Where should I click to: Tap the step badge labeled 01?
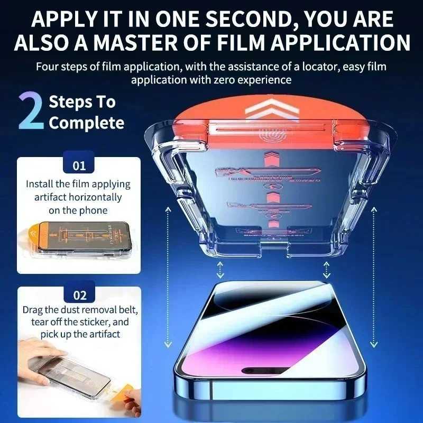(79, 165)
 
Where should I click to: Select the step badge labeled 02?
(79, 295)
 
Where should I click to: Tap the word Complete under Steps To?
(87, 123)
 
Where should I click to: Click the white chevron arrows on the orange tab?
(268, 111)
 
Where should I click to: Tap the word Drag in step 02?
(33, 309)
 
